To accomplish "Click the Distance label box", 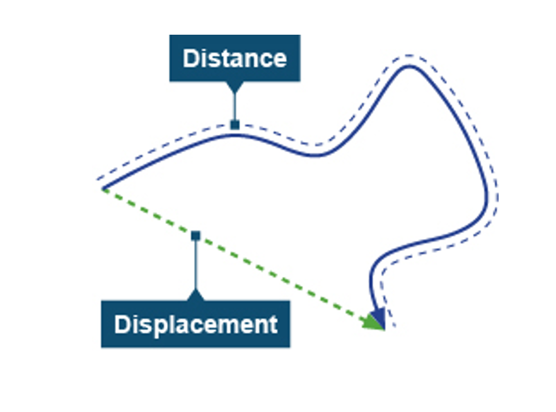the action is click(x=235, y=58).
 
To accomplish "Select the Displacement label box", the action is click(x=195, y=324).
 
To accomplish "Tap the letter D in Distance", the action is click(x=190, y=59).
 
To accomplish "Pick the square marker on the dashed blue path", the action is click(x=235, y=125).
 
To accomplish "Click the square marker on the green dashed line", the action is click(x=195, y=236).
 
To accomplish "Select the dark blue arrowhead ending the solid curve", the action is click(x=378, y=315).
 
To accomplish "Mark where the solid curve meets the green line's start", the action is click(x=103, y=189).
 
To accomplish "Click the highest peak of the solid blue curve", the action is click(x=408, y=66).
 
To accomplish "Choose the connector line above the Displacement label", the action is click(x=195, y=265).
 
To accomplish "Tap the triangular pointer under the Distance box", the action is click(x=235, y=86).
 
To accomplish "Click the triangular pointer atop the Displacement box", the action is click(x=195, y=295).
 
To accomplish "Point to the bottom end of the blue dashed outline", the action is click(x=394, y=326).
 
